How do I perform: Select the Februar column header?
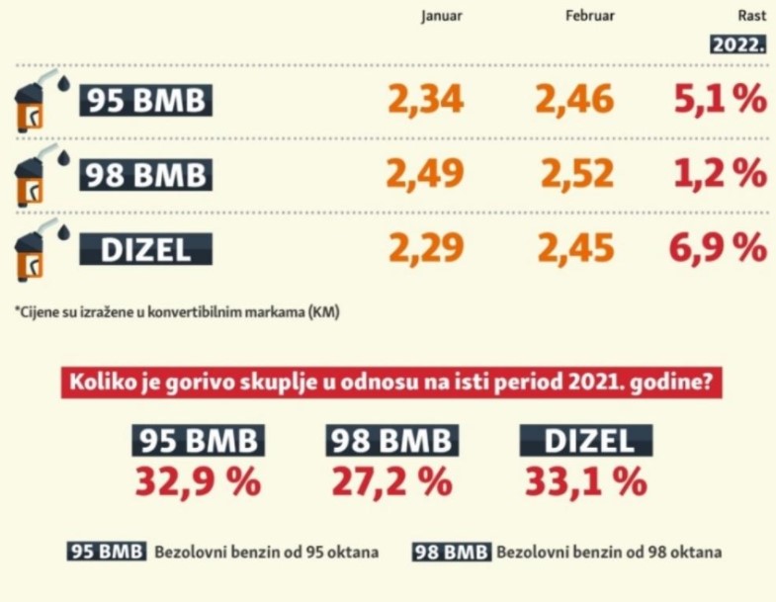pyautogui.click(x=589, y=16)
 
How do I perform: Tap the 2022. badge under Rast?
pyautogui.click(x=738, y=44)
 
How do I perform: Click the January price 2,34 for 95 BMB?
pyautogui.click(x=425, y=100)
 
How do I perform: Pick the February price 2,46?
pyautogui.click(x=575, y=100)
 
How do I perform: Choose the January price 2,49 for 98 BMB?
pyautogui.click(x=425, y=175)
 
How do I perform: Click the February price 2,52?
pyautogui.click(x=577, y=175)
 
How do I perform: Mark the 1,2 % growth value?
pyautogui.click(x=719, y=175)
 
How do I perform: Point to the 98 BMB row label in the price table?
pyautogui.click(x=145, y=175)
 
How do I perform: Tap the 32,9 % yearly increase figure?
pyautogui.click(x=199, y=482)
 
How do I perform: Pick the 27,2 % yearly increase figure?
pyautogui.click(x=391, y=482)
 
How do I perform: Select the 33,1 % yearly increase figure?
pyautogui.click(x=586, y=482)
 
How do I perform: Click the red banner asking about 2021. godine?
pyautogui.click(x=388, y=383)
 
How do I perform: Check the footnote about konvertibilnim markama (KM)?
pyautogui.click(x=178, y=312)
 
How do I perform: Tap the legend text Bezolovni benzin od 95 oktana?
pyautogui.click(x=266, y=552)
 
